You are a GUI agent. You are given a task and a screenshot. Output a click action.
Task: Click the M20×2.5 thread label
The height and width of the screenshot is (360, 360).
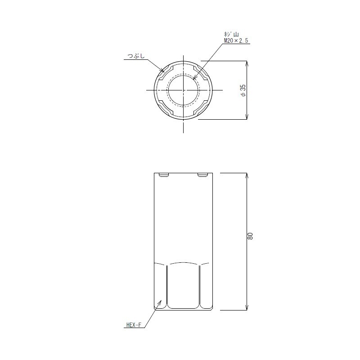pyautogui.click(x=236, y=41)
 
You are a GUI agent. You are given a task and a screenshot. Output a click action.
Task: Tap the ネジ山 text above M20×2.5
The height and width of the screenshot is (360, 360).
pyautogui.click(x=231, y=35)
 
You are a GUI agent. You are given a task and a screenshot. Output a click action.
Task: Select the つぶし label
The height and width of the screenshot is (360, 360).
pyautogui.click(x=136, y=56)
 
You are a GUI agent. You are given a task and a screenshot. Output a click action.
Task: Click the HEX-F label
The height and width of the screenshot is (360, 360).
pyautogui.click(x=134, y=325)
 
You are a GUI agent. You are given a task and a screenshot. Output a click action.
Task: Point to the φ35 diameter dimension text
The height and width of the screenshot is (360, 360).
pyautogui.click(x=243, y=90)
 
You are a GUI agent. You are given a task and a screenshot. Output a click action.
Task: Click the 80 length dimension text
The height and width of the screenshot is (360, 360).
pyautogui.click(x=250, y=236)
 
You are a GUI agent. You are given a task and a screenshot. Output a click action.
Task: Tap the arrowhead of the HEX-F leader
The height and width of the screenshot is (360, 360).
pyautogui.click(x=160, y=302)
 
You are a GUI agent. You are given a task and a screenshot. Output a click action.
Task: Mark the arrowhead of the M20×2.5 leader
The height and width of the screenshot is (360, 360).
pyautogui.click(x=195, y=77)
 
